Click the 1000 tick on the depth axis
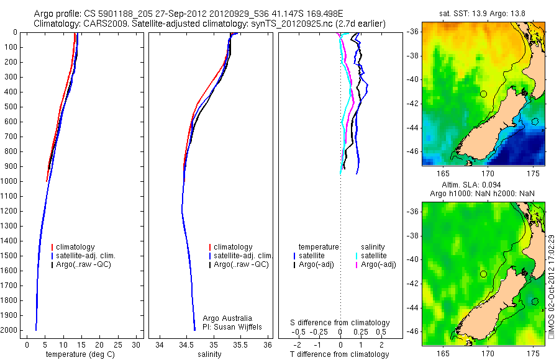11,181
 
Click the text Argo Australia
227,318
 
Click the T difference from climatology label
340,354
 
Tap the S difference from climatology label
340,323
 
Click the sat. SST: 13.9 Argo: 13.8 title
483,14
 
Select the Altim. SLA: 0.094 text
483,186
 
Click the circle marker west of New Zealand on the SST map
483,94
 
